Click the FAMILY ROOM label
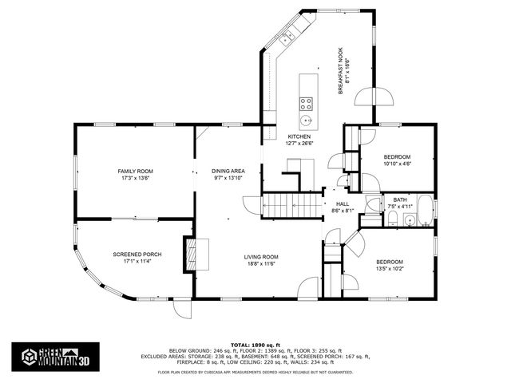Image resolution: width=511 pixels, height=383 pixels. click(x=135, y=172)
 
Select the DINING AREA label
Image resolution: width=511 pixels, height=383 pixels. click(x=228, y=172)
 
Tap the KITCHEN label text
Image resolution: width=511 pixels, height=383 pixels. click(x=299, y=136)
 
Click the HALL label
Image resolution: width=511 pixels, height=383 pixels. click(x=343, y=204)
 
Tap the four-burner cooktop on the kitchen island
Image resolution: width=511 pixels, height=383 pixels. click(x=306, y=102)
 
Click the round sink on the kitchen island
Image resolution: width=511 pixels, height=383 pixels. click(x=306, y=121)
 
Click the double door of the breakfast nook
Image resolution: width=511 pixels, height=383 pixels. click(x=375, y=97)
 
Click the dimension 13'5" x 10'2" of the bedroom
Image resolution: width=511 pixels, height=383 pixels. click(x=390, y=270)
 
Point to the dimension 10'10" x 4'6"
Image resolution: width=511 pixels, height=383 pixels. click(x=396, y=163)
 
